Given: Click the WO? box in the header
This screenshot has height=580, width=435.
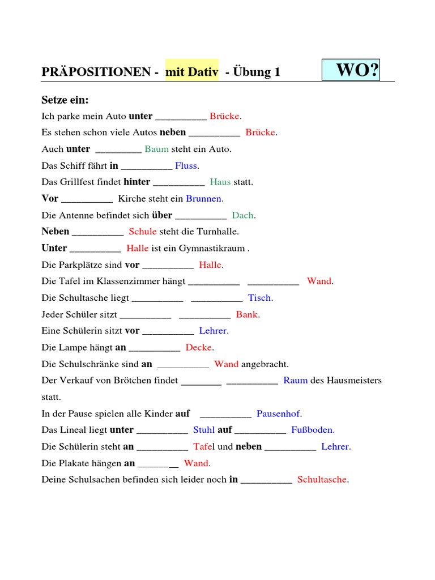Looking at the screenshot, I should click(x=351, y=70).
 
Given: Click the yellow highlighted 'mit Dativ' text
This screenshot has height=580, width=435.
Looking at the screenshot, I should click(x=192, y=72).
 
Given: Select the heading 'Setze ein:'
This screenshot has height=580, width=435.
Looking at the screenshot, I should click(x=65, y=100).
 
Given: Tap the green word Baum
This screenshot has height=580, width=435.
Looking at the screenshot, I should click(x=156, y=149).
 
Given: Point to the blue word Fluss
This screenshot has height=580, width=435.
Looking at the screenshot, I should click(x=186, y=165).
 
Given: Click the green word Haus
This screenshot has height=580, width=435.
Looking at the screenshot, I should click(x=220, y=182).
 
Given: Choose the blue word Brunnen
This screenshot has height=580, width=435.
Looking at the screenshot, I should click(x=204, y=199).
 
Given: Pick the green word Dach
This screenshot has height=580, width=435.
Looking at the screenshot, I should click(x=243, y=215).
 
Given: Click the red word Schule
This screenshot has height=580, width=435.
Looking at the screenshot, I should click(x=143, y=232).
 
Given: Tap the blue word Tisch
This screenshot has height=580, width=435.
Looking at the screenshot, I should click(x=259, y=298).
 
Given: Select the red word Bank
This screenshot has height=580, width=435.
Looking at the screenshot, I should click(x=247, y=314).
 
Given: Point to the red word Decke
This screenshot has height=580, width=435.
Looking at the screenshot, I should click(x=199, y=347).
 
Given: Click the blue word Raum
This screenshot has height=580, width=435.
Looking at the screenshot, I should click(x=295, y=380).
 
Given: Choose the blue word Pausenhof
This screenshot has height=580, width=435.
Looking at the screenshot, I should click(x=279, y=413).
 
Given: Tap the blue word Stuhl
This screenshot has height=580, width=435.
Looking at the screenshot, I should click(x=204, y=430).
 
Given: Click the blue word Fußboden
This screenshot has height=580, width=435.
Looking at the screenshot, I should click(x=312, y=430).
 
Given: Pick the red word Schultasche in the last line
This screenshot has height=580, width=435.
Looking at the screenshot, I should click(x=322, y=480).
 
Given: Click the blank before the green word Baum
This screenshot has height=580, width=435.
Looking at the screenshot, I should click(x=118, y=150).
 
